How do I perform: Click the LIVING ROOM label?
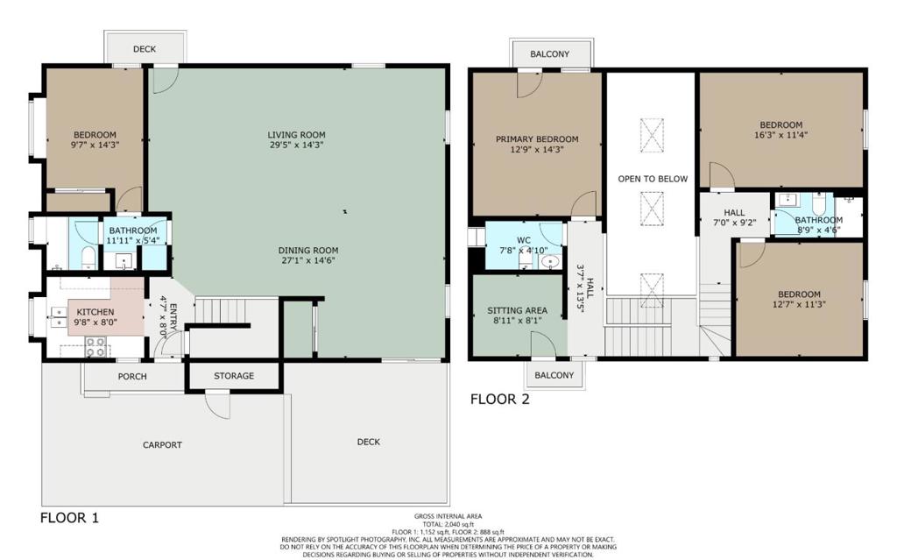pos(296,135)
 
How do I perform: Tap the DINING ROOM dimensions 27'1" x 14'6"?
pos(308,260)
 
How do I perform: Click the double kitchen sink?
pos(59,316)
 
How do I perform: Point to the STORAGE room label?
pos(234,376)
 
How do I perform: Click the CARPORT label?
pos(162,445)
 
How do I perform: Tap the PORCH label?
pos(132,376)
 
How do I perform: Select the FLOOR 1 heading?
pos(69,518)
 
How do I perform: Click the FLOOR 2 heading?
pos(500,399)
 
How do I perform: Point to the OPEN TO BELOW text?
pos(653,179)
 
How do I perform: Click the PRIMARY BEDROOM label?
pos(537,139)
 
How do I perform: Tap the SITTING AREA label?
pos(517,310)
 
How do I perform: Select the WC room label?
pos(524,240)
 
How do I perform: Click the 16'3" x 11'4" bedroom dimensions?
pos(780,135)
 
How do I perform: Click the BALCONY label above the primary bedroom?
pos(550,53)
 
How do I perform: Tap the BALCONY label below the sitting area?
pos(554,375)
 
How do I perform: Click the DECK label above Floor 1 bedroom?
pos(145,49)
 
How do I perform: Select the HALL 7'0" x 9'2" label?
pos(735,217)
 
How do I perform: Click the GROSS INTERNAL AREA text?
pos(448,516)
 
